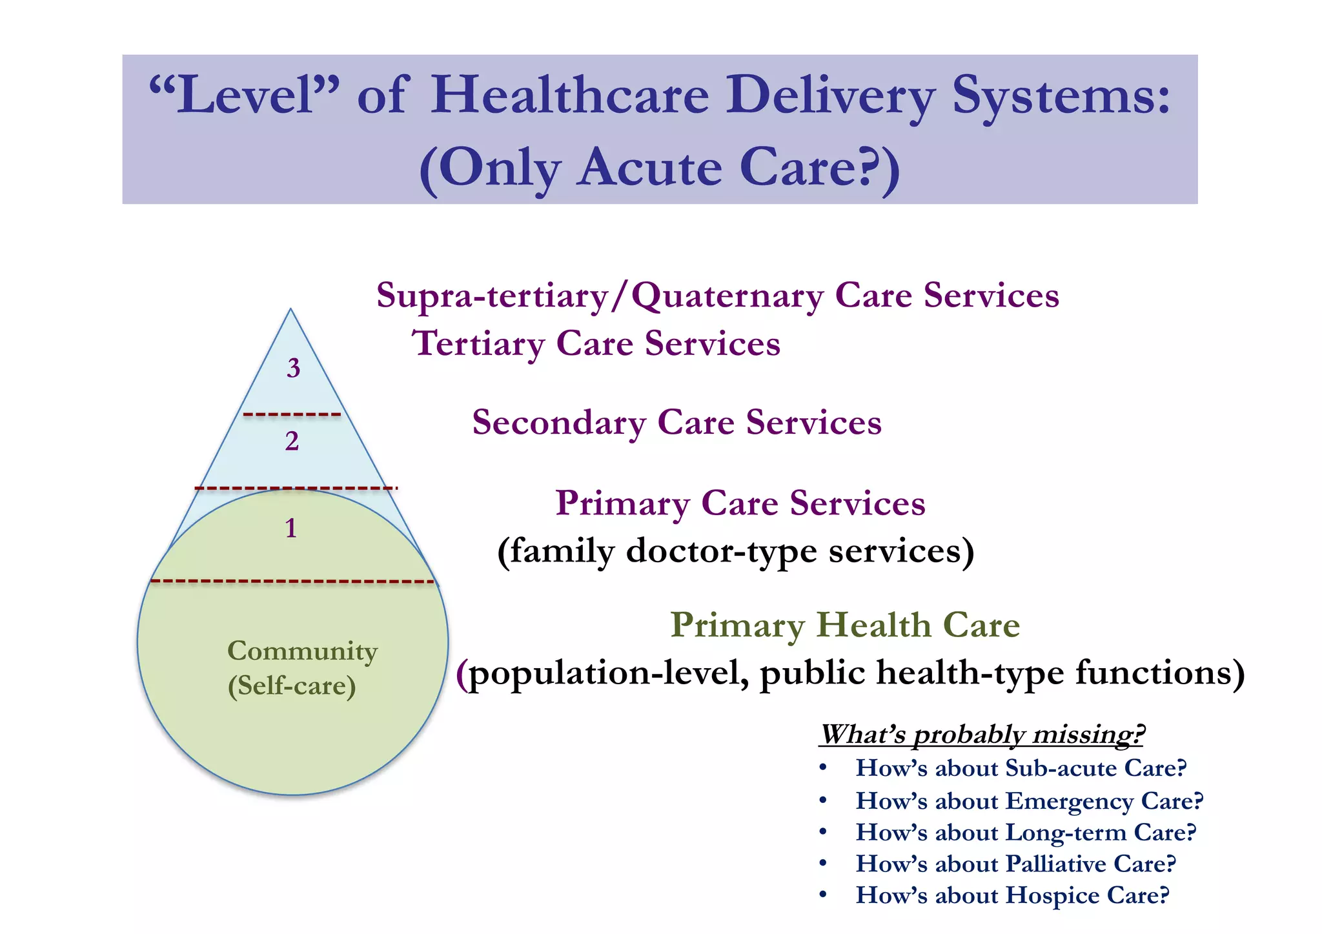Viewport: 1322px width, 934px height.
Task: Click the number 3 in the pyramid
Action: click(x=294, y=369)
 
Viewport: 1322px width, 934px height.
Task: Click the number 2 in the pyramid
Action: click(x=292, y=442)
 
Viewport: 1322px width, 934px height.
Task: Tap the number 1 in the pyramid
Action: click(x=291, y=529)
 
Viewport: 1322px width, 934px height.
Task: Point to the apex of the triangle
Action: click(x=291, y=310)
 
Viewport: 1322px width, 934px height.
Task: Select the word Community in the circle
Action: click(x=302, y=651)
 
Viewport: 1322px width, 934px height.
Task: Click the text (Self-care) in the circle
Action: click(x=292, y=685)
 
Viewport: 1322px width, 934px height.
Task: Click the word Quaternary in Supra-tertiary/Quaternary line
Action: click(x=727, y=296)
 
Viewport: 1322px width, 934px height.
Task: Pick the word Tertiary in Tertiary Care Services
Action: click(x=478, y=344)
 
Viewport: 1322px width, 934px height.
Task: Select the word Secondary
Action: click(x=559, y=423)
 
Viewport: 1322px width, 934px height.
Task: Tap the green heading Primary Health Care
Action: click(x=844, y=625)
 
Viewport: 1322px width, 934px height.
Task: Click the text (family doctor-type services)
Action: click(x=735, y=551)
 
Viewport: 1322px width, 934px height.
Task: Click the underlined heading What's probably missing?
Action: click(x=981, y=735)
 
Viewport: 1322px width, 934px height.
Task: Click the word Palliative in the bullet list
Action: click(x=1056, y=864)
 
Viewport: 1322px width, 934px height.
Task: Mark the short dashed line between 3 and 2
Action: click(x=292, y=414)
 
